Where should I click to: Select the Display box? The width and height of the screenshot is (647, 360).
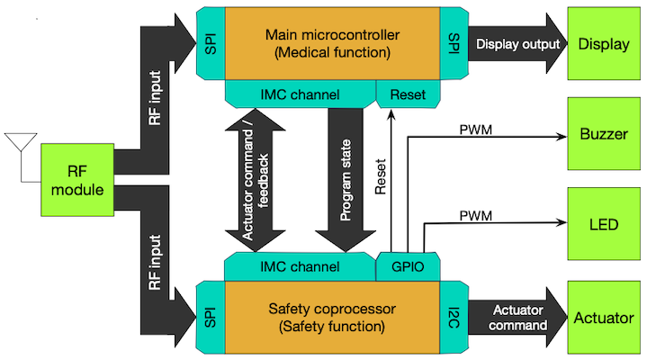point(604,44)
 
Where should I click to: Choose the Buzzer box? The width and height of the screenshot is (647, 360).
point(604,134)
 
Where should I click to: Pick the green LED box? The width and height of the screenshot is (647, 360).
point(604,223)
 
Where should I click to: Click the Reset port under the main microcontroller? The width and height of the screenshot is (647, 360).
point(409,93)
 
